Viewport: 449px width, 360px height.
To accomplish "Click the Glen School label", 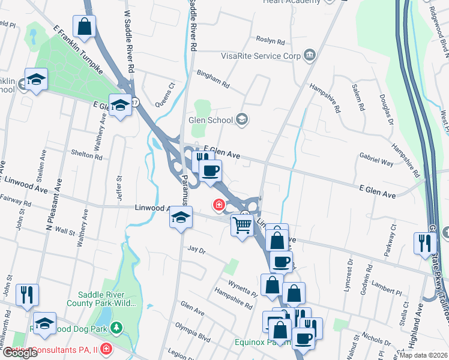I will (211, 120).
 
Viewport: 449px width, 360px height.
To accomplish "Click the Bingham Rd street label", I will (213, 79).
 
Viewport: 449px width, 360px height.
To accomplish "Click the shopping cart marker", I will (242, 226).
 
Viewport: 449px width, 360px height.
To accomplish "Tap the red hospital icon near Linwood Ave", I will (219, 205).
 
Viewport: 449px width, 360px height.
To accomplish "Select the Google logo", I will (20, 353).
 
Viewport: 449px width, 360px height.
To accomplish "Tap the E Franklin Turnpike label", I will (77, 50).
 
